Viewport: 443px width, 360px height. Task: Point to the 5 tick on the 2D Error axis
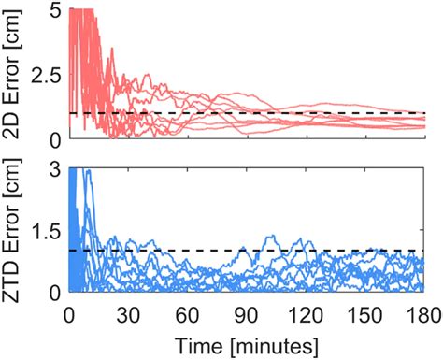[x=54, y=10]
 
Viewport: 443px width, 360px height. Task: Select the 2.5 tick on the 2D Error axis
[x=47, y=75]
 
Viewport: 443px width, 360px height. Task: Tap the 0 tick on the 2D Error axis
[x=54, y=138]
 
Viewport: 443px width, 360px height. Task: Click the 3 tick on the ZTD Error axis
[x=54, y=168]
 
